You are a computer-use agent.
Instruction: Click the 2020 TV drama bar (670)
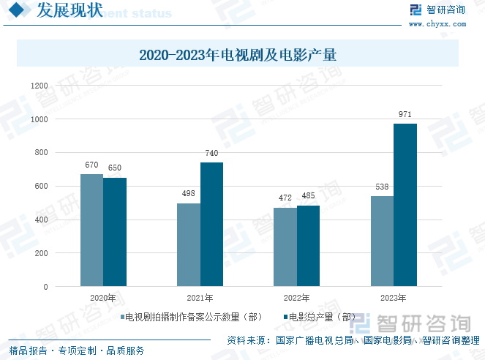91,230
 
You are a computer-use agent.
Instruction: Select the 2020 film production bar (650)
115,232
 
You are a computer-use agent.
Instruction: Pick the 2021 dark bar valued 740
212,224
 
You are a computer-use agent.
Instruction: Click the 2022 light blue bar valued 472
285,247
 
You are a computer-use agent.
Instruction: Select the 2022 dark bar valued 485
309,246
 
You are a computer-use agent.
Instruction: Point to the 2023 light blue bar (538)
382,241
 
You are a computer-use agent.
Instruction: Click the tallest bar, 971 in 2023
405,205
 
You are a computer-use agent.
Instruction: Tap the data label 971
405,115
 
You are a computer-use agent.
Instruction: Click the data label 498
189,194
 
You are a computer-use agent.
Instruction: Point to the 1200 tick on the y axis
39,86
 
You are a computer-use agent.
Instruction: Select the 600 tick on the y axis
42,187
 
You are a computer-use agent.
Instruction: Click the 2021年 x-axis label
200,298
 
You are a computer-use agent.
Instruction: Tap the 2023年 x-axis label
394,298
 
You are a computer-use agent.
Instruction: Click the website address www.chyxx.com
437,23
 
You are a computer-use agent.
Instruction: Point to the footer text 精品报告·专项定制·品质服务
77,350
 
